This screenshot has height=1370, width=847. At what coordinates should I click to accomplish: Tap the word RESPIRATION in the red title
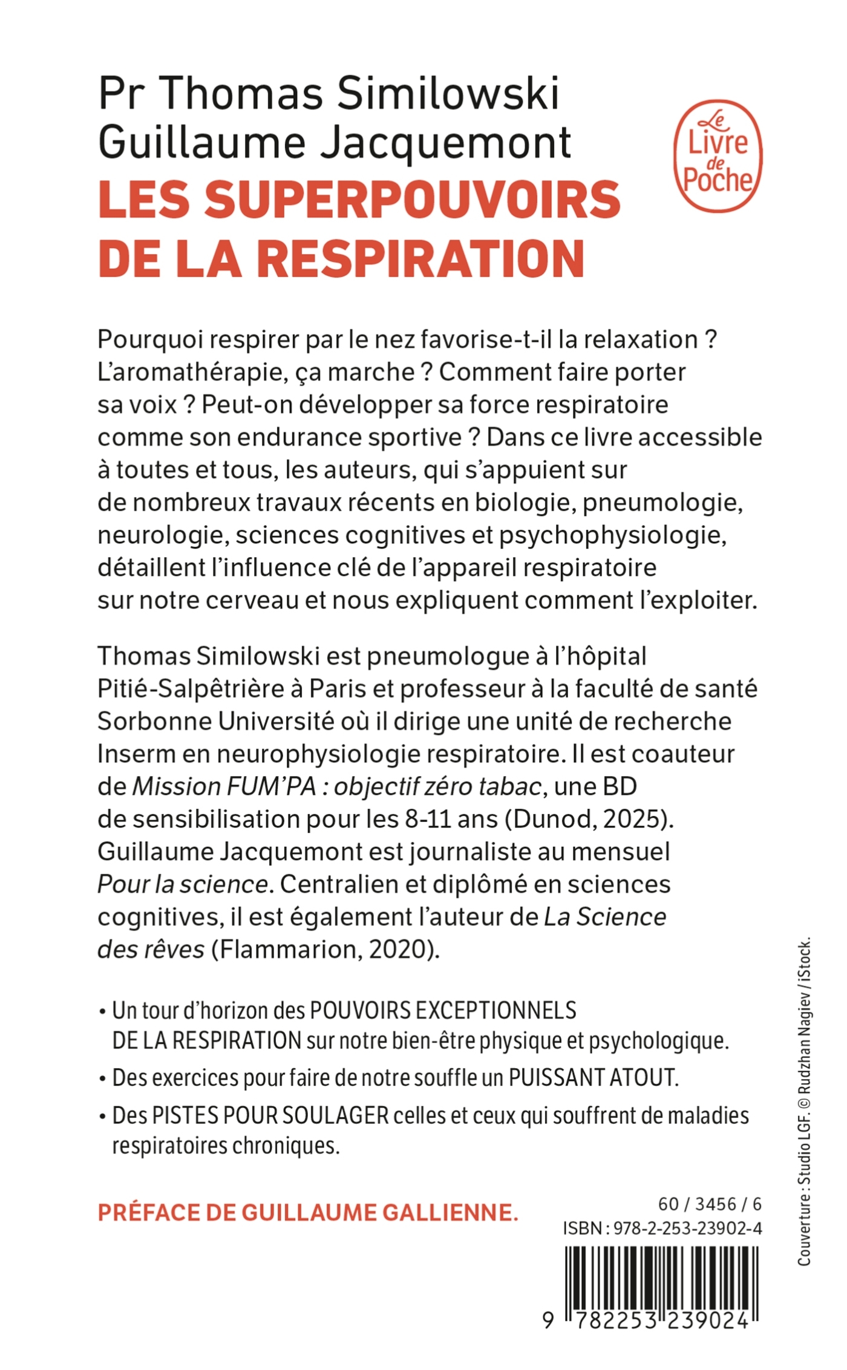[x=420, y=259]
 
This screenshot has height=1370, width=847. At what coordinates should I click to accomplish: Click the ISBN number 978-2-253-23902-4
[x=687, y=1227]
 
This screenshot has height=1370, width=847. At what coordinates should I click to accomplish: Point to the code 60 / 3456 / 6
[x=709, y=1204]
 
